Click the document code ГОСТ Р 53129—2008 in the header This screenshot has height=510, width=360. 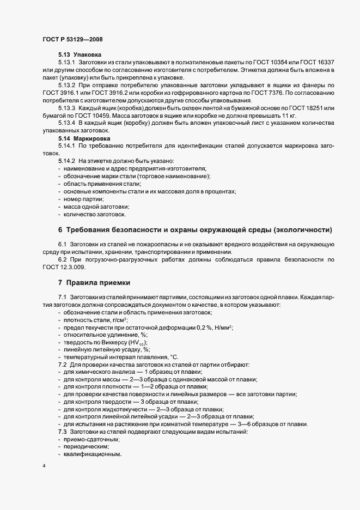(x=72, y=39)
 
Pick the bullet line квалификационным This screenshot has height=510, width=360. (x=92, y=454)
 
